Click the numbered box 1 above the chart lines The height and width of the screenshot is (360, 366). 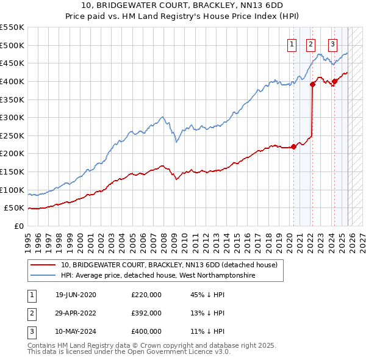(292, 43)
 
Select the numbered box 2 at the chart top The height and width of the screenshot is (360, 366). (310, 43)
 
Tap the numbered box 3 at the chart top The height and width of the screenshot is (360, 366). (332, 43)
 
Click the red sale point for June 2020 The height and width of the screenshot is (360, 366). (293, 146)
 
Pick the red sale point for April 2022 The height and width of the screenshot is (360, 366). (312, 84)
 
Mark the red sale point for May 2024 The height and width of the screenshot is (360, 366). (334, 81)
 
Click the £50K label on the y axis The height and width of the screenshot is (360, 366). (15, 208)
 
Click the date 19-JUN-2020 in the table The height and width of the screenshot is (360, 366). (76, 295)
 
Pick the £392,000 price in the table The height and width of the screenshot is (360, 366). (146, 313)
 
